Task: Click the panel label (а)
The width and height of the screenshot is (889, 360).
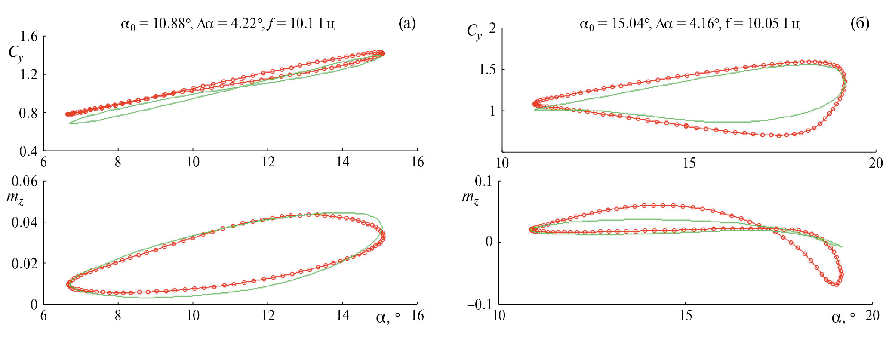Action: [x=407, y=23]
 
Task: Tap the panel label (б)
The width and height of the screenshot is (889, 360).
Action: [x=860, y=23]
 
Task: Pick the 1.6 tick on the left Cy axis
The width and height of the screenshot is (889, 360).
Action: [x=29, y=37]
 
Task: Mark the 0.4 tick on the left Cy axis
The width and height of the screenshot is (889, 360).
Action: [x=29, y=151]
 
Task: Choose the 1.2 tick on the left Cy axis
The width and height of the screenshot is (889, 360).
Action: [x=29, y=75]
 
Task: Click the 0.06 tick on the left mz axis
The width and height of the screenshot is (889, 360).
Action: [x=25, y=182]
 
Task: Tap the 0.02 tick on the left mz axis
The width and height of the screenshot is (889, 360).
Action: [x=25, y=264]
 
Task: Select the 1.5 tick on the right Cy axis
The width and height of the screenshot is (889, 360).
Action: [x=488, y=70]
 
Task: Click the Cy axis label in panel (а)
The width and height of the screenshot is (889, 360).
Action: [x=16, y=54]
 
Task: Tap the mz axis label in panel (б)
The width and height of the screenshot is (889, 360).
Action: [x=470, y=197]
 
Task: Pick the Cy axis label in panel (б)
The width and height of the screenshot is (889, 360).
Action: [x=474, y=31]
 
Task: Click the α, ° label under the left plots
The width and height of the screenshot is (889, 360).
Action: [x=388, y=317]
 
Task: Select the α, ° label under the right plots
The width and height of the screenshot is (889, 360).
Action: [x=843, y=317]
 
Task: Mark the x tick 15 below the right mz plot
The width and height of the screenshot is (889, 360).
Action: [x=686, y=316]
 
